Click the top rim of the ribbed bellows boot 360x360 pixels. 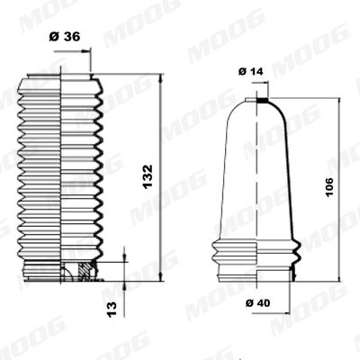pos(59,77)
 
